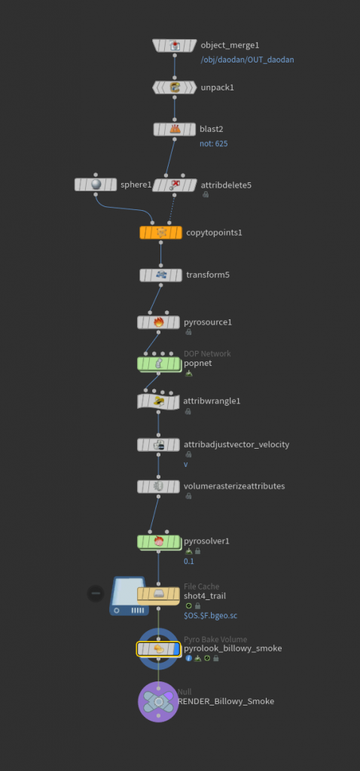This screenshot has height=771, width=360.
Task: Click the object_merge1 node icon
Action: [x=175, y=46]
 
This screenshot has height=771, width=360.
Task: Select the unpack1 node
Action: [x=175, y=87]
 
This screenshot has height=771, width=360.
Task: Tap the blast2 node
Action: [x=175, y=130]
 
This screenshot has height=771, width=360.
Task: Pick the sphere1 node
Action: [x=96, y=184]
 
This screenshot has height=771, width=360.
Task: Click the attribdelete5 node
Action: [x=174, y=185]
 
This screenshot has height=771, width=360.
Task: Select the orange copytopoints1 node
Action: [x=161, y=232]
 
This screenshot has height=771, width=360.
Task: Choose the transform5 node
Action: [x=161, y=275]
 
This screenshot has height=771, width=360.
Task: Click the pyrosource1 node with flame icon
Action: [x=158, y=322]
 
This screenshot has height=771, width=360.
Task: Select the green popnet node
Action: [x=158, y=364]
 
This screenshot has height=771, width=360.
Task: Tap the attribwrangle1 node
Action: [x=158, y=401]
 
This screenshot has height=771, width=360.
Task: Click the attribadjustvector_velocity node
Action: [x=158, y=444]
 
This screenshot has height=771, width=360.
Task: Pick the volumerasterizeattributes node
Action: [x=158, y=486]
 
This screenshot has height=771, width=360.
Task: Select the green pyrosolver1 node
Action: [x=158, y=541]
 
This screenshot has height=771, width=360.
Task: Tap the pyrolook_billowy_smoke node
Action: [x=158, y=649]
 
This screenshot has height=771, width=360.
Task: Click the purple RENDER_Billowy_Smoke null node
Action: [x=158, y=702]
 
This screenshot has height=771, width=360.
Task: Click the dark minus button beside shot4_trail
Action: [x=96, y=593]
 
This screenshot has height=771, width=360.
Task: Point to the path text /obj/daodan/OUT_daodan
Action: [x=247, y=59]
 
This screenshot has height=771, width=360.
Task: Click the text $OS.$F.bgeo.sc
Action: [x=210, y=616]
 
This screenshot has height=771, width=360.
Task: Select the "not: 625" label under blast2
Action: [x=213, y=144]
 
